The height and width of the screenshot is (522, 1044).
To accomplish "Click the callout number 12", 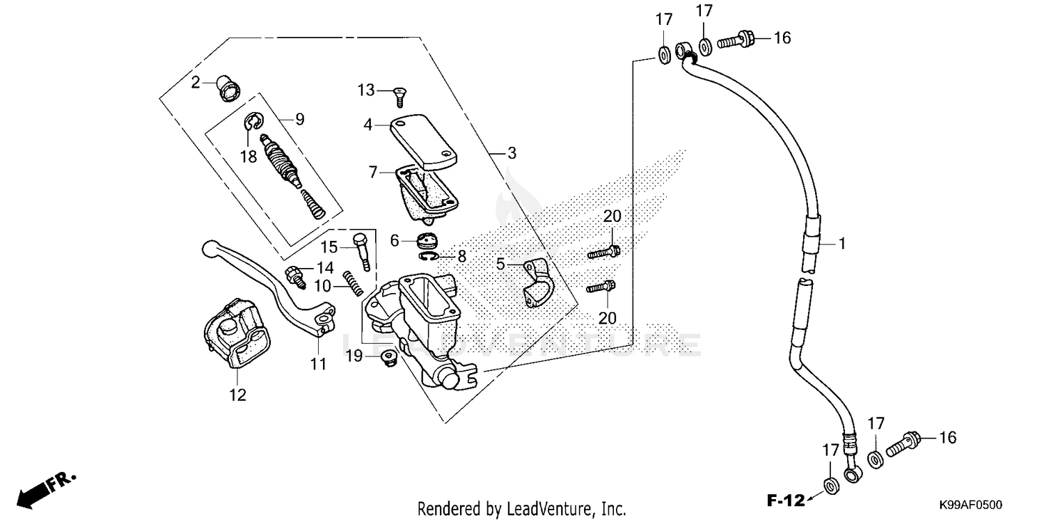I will pyautogui.click(x=237, y=395).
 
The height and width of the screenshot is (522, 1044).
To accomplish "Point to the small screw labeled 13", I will pyautogui.click(x=400, y=95).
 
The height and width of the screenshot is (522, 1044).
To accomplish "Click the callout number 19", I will pyautogui.click(x=354, y=356).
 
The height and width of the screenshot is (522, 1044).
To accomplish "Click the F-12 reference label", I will pyautogui.click(x=785, y=499).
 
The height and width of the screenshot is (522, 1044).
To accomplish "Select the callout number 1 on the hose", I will pyautogui.click(x=841, y=244).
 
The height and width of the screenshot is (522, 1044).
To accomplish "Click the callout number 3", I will pyautogui.click(x=512, y=153).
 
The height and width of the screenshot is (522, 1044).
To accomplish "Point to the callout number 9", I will pyautogui.click(x=299, y=119).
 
